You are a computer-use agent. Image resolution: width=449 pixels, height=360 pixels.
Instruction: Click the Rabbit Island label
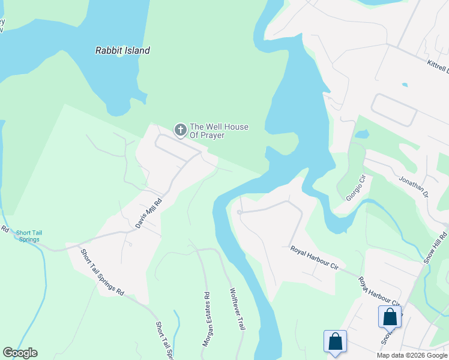(122, 50)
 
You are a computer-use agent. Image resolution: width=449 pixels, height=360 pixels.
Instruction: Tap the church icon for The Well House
(179, 130)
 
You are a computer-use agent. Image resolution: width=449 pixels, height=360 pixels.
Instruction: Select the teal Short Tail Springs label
(28, 236)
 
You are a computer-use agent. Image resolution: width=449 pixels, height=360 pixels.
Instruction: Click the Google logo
(20, 353)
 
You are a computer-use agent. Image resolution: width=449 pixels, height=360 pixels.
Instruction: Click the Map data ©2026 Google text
(411, 355)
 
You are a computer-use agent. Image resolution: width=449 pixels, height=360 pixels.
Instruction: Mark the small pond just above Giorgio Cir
(361, 134)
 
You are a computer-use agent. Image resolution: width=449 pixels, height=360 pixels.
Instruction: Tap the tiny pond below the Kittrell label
(405, 85)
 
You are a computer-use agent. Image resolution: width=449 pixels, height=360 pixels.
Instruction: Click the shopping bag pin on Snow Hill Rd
(390, 316)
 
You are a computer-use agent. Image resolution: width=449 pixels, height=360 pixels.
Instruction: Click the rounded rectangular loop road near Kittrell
(394, 110)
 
